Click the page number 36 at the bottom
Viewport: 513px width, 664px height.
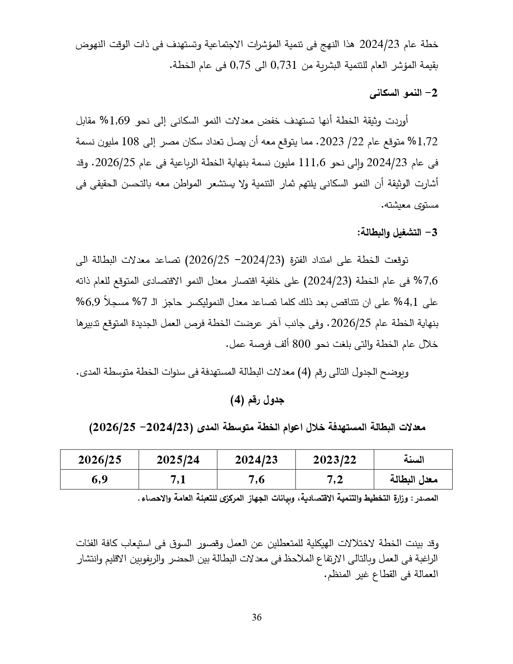pyautogui.click(x=257, y=617)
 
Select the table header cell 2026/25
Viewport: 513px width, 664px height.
pyautogui.click(x=99, y=460)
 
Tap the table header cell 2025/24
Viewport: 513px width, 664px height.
pyautogui.click(x=178, y=460)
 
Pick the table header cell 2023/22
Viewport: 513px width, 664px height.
pyautogui.click(x=335, y=460)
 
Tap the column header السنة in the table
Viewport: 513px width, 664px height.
pyautogui.click(x=414, y=460)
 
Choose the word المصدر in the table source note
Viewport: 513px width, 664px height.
pyautogui.click(x=428, y=499)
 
